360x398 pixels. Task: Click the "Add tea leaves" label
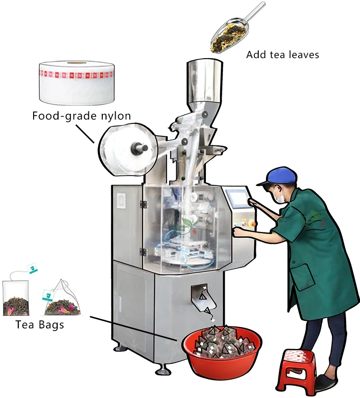coord(282,55)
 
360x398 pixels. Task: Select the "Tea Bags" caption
coord(40,325)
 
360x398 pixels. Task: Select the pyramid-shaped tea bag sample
coord(61,300)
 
